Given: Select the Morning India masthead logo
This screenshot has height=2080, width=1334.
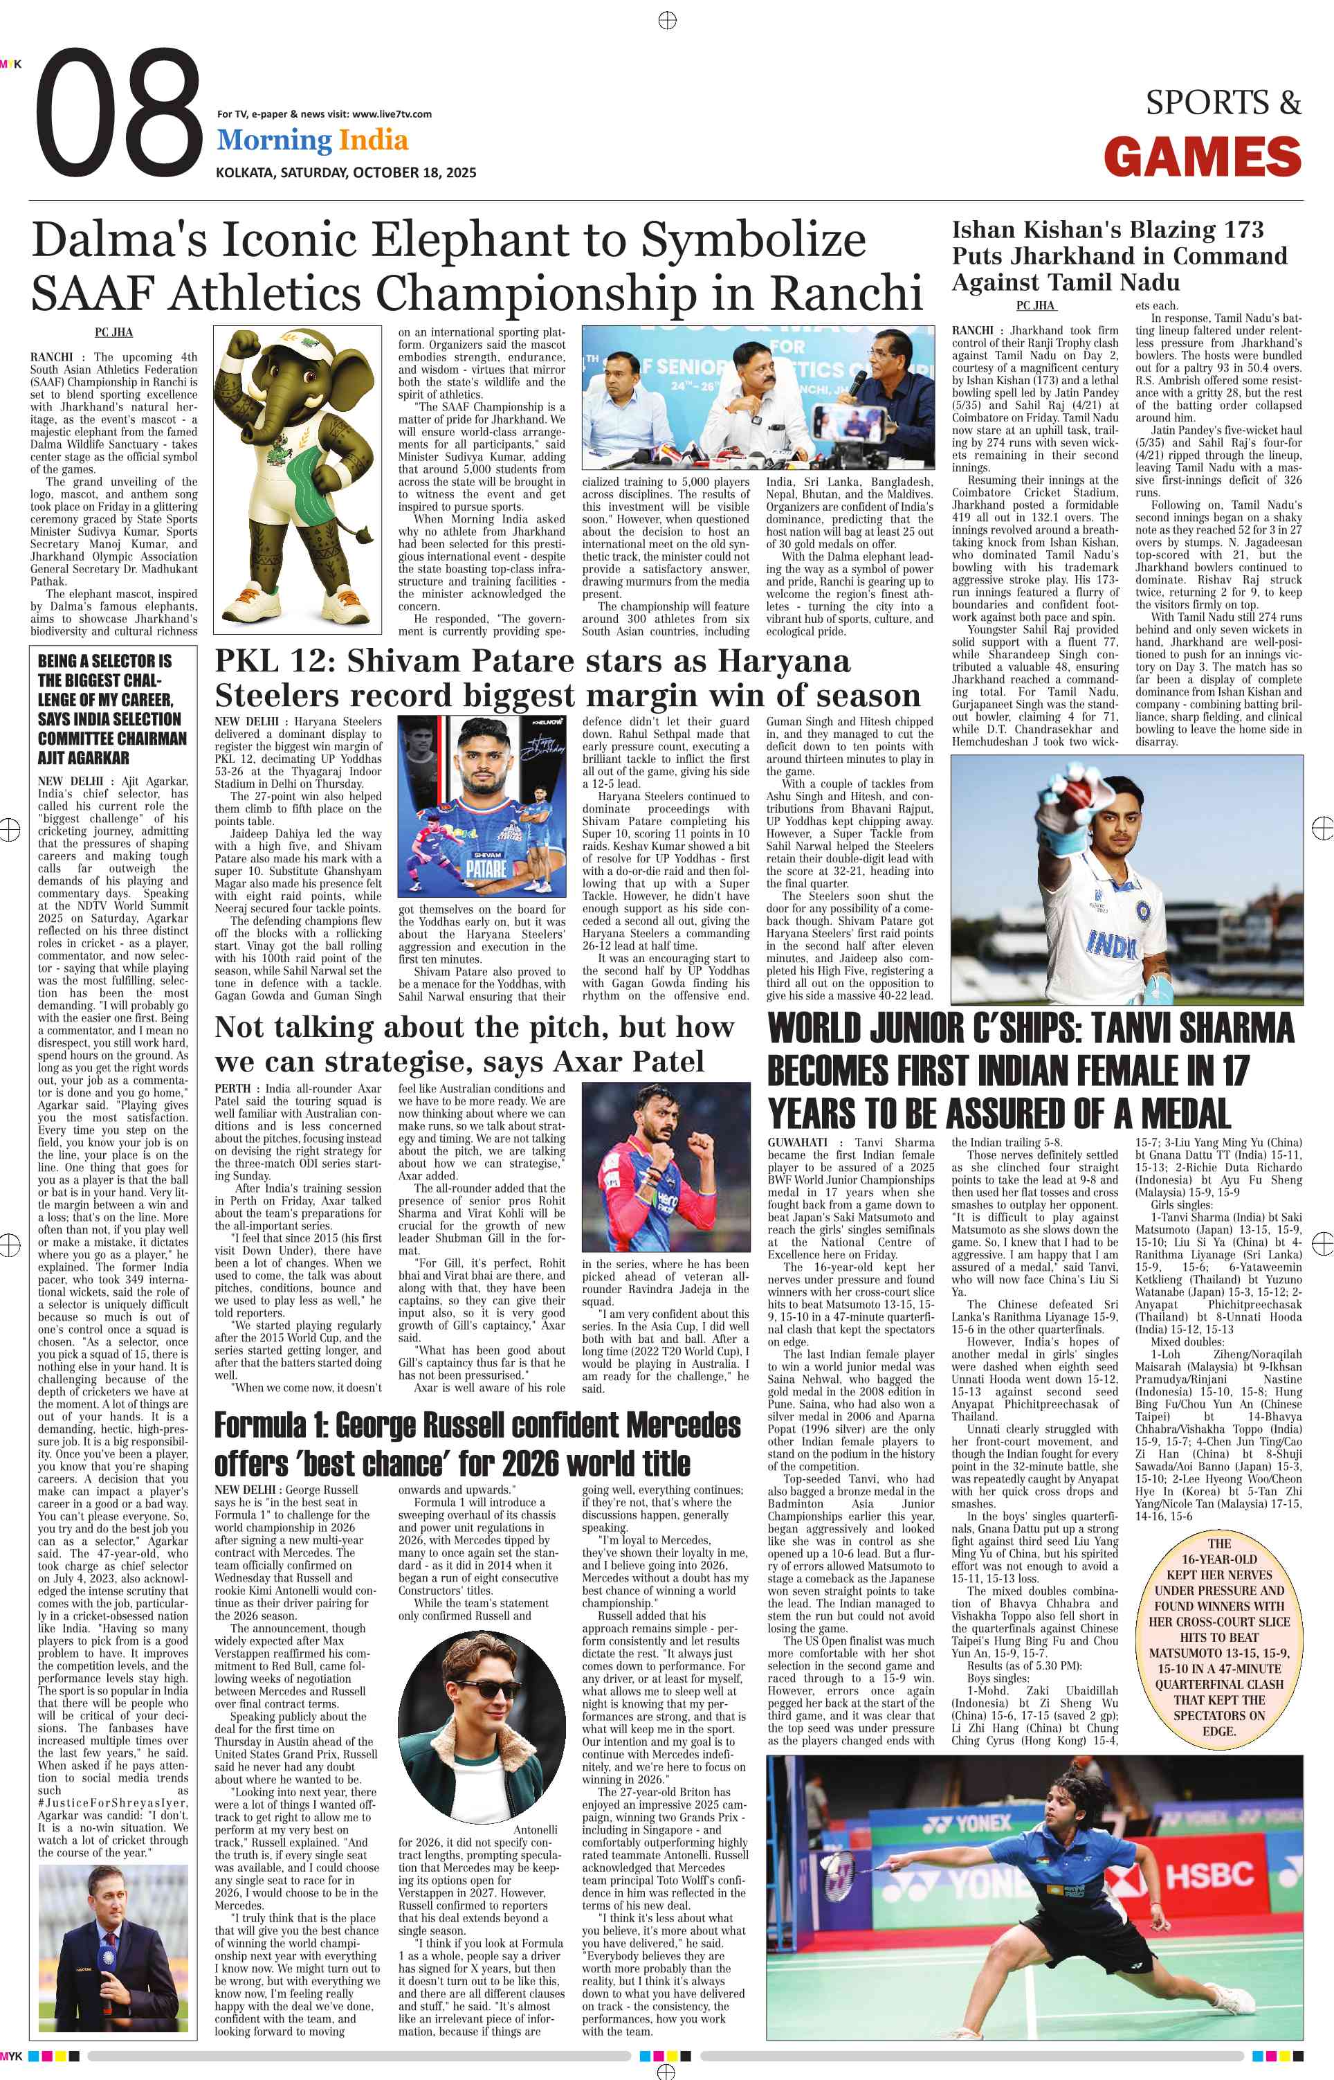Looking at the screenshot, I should pyautogui.click(x=312, y=141).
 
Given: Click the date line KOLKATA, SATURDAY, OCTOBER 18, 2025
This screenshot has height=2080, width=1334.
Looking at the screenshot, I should pyautogui.click(x=346, y=172).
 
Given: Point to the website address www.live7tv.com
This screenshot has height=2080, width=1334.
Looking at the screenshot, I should pyautogui.click(x=392, y=114).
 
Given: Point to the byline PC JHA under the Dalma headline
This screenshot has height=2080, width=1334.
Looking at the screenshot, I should pyautogui.click(x=113, y=332).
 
